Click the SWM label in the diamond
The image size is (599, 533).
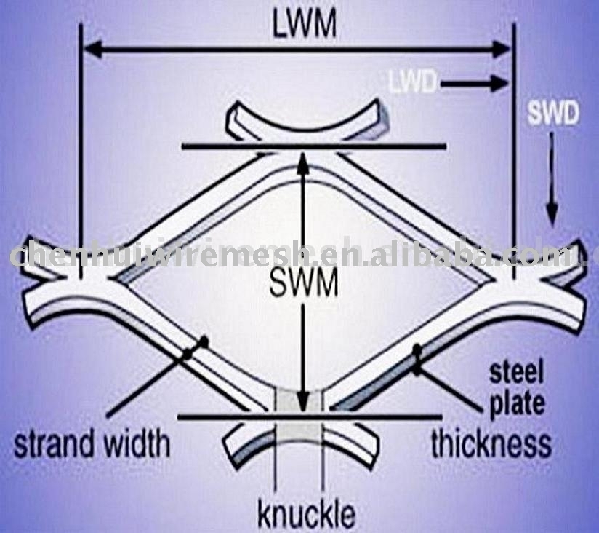click(x=304, y=283)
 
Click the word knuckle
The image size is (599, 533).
click(x=306, y=513)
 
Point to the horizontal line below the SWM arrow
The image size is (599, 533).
click(x=218, y=417)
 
